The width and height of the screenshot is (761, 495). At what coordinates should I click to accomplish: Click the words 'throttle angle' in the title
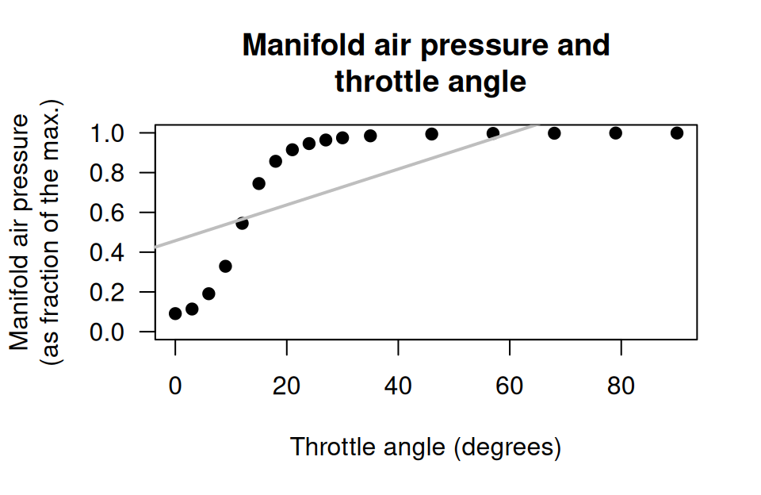(x=430, y=82)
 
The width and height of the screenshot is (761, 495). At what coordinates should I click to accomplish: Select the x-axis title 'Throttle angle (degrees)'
(x=426, y=447)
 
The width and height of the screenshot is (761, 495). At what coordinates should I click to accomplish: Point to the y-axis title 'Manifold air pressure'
(x=21, y=231)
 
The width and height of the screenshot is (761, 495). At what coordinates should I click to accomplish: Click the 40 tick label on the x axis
(x=398, y=387)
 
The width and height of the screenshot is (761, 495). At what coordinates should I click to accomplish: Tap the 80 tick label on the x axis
(x=621, y=387)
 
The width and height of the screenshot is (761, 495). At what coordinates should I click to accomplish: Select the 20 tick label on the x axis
(x=286, y=387)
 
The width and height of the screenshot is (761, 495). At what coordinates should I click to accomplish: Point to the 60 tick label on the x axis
(x=509, y=387)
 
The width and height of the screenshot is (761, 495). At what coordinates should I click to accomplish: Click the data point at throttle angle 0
(x=175, y=313)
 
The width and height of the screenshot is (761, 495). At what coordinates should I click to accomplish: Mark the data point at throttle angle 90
(x=677, y=133)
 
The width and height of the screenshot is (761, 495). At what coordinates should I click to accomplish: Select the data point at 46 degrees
(x=431, y=134)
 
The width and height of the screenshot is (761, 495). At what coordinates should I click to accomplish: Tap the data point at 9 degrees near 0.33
(x=225, y=267)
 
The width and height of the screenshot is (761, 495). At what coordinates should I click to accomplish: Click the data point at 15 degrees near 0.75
(x=258, y=183)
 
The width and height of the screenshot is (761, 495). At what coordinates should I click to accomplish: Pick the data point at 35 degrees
(x=370, y=136)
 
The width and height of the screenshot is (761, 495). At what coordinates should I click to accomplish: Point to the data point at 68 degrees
(x=554, y=133)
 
